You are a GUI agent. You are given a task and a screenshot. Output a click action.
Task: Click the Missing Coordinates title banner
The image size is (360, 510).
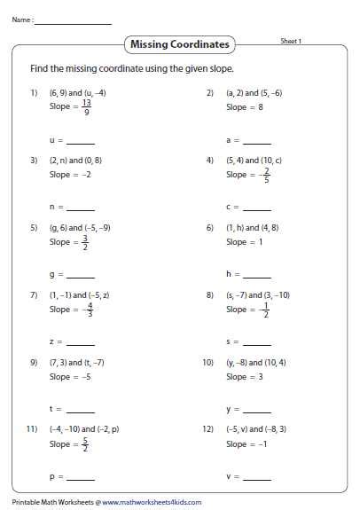(x=179, y=43)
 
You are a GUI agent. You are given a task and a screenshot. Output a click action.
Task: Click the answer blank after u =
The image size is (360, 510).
(x=81, y=141)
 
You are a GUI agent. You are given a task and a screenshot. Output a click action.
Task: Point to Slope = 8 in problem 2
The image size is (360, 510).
(x=246, y=107)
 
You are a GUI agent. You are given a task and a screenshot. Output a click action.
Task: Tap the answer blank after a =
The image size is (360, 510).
(x=257, y=141)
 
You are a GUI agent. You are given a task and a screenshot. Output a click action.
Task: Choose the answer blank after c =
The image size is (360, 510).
(x=257, y=208)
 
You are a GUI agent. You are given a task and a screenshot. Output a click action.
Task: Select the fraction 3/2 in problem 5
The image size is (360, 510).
(x=85, y=241)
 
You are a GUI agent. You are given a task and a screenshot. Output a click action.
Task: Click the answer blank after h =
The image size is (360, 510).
(x=257, y=274)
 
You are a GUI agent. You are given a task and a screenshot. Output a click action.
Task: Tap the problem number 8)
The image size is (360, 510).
(x=210, y=294)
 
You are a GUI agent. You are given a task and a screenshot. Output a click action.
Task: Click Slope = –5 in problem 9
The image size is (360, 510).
(x=70, y=377)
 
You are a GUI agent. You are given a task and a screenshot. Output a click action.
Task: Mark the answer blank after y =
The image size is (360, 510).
(x=257, y=409)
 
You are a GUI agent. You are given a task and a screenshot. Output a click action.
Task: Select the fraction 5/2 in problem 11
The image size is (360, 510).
(x=85, y=443)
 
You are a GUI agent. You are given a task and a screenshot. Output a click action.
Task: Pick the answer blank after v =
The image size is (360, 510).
(x=257, y=477)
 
